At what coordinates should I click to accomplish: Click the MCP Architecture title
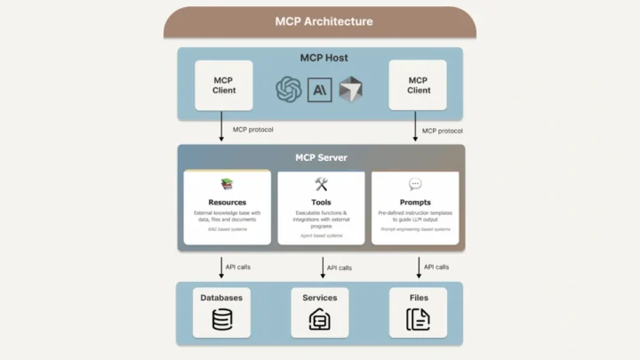pyautogui.click(x=319, y=20)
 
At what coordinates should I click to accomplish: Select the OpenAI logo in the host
pyautogui.click(x=288, y=89)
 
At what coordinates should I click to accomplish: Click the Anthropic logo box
pyautogui.click(x=320, y=89)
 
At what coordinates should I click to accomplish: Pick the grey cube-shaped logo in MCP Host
pyautogui.click(x=351, y=89)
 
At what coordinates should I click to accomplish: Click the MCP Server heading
pyautogui.click(x=320, y=157)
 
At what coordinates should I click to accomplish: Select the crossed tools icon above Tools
pyautogui.click(x=321, y=184)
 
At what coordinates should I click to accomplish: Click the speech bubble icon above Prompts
pyautogui.click(x=415, y=184)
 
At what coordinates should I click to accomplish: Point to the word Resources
pyautogui.click(x=227, y=203)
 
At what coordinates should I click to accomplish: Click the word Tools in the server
pyautogui.click(x=321, y=203)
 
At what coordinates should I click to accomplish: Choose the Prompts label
pyautogui.click(x=415, y=203)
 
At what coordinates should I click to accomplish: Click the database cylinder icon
pyautogui.click(x=221, y=320)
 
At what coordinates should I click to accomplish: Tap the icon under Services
pyautogui.click(x=319, y=320)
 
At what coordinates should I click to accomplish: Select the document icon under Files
pyautogui.click(x=418, y=320)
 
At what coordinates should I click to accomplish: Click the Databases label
pyautogui.click(x=221, y=298)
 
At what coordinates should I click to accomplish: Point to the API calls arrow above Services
pyautogui.click(x=322, y=266)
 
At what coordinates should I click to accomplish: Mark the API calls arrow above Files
pyautogui.click(x=419, y=266)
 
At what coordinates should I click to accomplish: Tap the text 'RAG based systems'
pyautogui.click(x=227, y=229)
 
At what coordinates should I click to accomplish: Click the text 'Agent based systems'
pyautogui.click(x=321, y=236)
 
